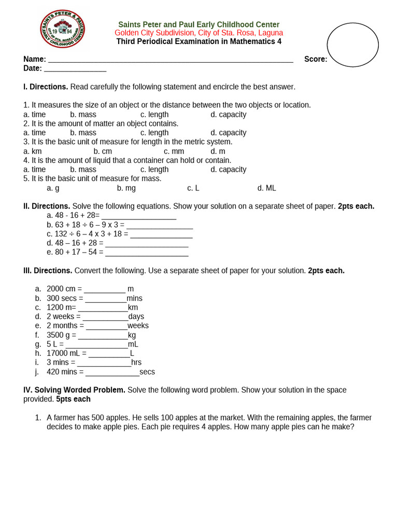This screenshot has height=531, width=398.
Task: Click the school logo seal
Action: [x=63, y=29]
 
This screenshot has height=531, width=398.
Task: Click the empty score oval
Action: [x=352, y=45]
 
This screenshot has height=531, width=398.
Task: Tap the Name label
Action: [x=34, y=59]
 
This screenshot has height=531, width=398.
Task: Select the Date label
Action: [x=33, y=68]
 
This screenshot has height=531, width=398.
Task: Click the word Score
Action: [x=315, y=59]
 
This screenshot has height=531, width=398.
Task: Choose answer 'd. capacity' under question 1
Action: [x=228, y=114]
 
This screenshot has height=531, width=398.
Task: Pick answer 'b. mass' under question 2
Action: [x=83, y=133]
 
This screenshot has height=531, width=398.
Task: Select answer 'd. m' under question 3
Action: [x=218, y=151]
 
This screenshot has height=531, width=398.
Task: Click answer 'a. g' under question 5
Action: [x=53, y=188]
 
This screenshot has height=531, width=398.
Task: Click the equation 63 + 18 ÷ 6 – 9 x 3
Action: [x=86, y=225]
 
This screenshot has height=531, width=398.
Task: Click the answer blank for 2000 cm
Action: [x=105, y=289]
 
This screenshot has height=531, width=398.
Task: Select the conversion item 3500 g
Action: [x=61, y=335]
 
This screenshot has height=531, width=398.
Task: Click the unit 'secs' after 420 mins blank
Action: [x=147, y=372]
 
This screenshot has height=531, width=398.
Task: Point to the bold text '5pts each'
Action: [x=73, y=399]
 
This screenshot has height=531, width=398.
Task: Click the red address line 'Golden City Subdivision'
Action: [x=198, y=33]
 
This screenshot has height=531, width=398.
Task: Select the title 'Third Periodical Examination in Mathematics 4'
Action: [x=198, y=41]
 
